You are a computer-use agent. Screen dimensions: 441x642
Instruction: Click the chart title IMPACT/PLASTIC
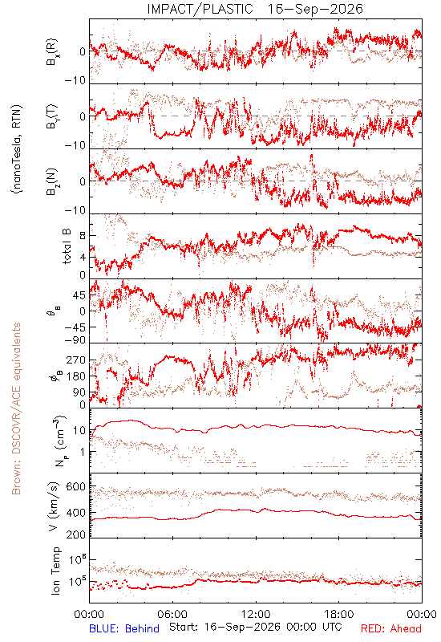(x=200, y=9)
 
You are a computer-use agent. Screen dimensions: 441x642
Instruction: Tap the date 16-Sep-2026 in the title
(x=315, y=9)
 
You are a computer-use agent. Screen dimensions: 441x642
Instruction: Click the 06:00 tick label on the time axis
(x=172, y=614)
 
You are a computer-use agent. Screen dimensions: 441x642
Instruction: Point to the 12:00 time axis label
(x=256, y=614)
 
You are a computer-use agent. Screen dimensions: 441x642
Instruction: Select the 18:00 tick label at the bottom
(x=339, y=614)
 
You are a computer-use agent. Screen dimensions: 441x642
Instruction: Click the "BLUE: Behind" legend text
(x=124, y=628)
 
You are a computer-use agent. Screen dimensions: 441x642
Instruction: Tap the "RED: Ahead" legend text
(x=390, y=628)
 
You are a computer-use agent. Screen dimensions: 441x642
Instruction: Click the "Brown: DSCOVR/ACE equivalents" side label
(x=16, y=408)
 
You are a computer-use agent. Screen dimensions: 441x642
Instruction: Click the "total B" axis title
(x=67, y=246)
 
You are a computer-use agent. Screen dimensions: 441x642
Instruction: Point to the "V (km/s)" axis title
(x=54, y=506)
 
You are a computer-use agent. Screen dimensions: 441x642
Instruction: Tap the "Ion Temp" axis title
(x=55, y=571)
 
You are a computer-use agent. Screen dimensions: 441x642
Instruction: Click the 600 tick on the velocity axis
(x=75, y=487)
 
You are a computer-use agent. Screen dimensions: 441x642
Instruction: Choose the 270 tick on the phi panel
(x=76, y=360)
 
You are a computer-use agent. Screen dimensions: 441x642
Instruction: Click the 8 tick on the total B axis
(x=83, y=236)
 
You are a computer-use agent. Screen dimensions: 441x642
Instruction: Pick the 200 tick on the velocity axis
(x=75, y=534)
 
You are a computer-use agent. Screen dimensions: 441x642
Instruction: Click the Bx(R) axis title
(x=52, y=52)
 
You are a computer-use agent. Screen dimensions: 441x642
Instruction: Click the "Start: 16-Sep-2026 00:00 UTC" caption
(x=256, y=627)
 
